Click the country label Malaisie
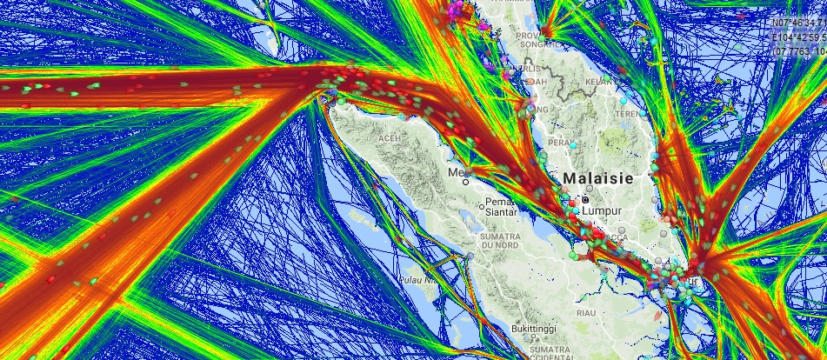point(607,177)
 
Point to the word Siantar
point(500,211)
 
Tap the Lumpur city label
point(604,210)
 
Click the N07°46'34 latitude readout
point(800,24)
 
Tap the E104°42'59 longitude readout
point(800,37)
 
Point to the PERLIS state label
point(528,68)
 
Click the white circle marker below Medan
point(467,183)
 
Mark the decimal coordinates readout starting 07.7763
point(800,50)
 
